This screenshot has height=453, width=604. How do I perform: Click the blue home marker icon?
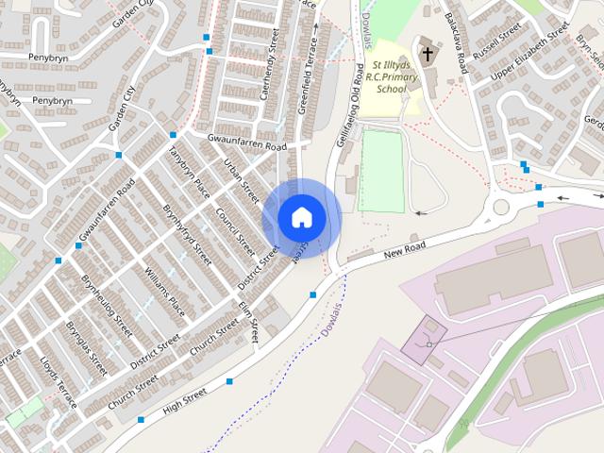tap(301, 217)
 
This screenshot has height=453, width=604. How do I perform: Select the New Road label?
tap(406, 250)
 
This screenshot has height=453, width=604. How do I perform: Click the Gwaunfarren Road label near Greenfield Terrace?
tap(247, 143)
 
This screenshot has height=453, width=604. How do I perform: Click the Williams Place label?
tap(164, 292)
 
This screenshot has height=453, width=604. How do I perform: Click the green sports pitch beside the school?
tap(380, 171)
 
